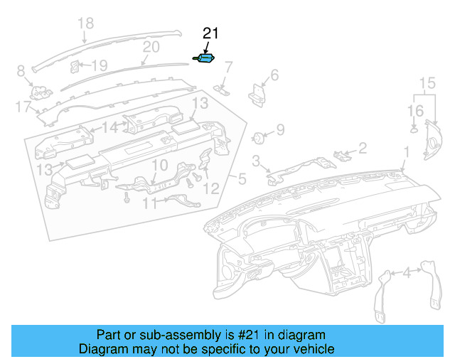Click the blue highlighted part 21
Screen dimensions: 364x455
206,59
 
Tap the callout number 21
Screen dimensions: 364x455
211,33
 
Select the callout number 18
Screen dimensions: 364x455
85,24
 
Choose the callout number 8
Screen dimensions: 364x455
21,70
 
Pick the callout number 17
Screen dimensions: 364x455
23,107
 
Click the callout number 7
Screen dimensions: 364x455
228,68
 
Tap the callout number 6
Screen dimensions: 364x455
274,75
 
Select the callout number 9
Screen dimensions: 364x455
280,129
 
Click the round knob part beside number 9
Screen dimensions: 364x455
260,136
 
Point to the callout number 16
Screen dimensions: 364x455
415,111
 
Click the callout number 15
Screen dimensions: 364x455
426,84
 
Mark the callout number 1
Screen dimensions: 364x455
407,151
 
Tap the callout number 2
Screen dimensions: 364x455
362,148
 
